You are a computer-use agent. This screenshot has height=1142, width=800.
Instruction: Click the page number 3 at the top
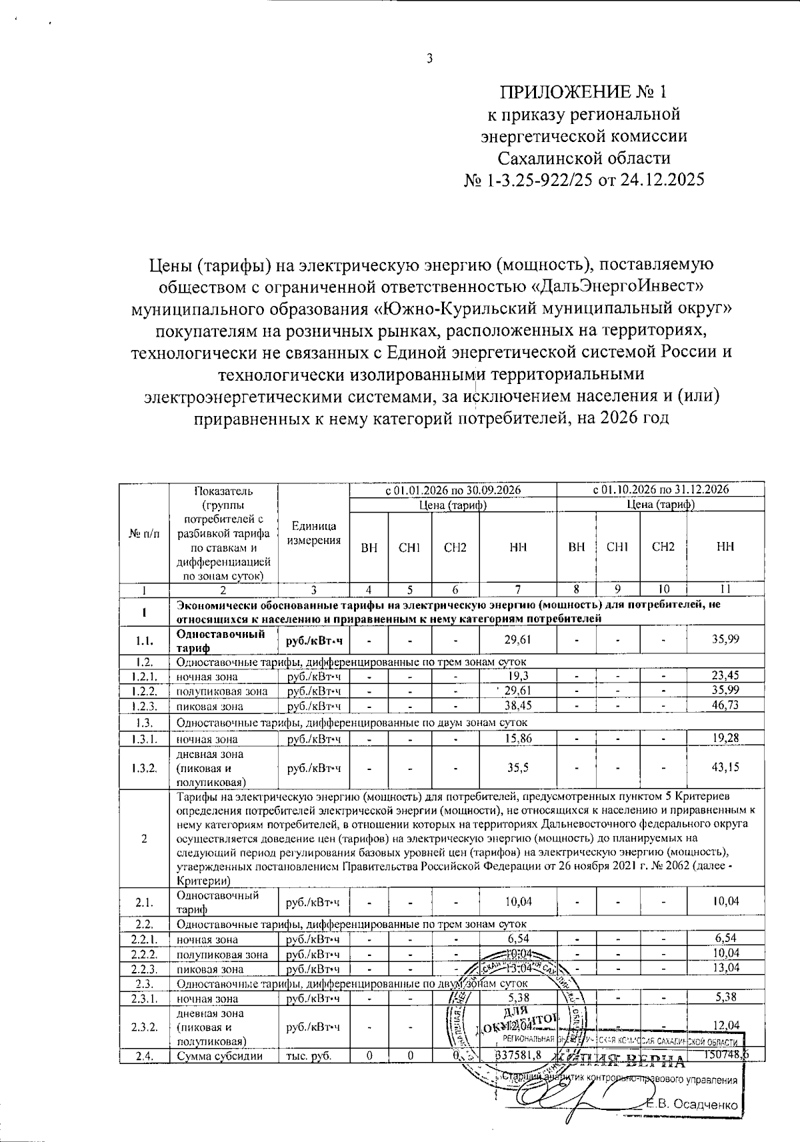pyautogui.click(x=430, y=59)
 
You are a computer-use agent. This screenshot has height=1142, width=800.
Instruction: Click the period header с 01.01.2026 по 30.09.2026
pyautogui.click(x=453, y=489)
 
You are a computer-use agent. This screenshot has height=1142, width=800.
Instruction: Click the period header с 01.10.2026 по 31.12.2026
pyautogui.click(x=661, y=489)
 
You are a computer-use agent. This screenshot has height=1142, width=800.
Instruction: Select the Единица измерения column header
pyautogui.click(x=313, y=534)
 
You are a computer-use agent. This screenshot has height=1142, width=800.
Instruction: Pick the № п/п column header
pyautogui.click(x=144, y=534)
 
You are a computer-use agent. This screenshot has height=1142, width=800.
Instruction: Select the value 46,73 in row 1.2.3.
pyautogui.click(x=725, y=705)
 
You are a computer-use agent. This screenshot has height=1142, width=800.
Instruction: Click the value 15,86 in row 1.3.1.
pyautogui.click(x=518, y=738)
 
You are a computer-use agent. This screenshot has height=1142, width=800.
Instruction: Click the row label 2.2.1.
pyautogui.click(x=145, y=939)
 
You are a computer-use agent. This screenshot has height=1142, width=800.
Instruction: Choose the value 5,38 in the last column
pyautogui.click(x=725, y=998)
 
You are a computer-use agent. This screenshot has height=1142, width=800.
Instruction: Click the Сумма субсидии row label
pyautogui.click(x=210, y=1055)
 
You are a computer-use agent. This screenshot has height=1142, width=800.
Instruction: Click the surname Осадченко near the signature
pyautogui.click(x=705, y=1105)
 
